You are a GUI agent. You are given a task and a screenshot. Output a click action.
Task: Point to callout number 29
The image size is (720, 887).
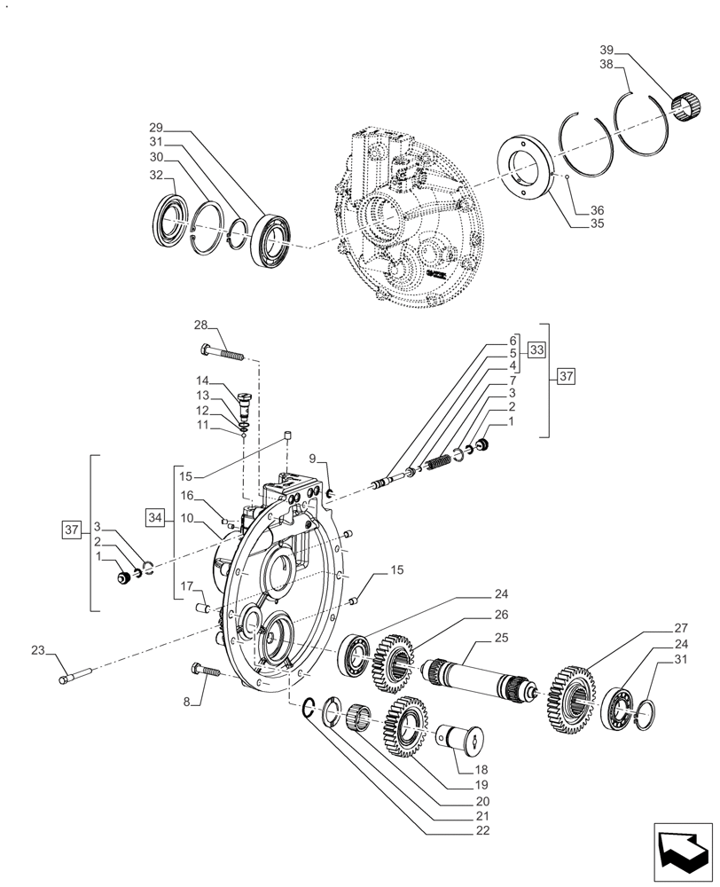point(156,129)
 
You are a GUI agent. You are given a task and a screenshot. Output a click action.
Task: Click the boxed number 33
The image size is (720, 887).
point(536,349)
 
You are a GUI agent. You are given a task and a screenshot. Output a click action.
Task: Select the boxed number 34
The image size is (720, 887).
point(156,515)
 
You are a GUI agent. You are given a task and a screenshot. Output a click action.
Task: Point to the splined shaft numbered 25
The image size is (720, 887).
point(479,681)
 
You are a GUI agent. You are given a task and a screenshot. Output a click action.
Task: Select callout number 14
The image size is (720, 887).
point(202,381)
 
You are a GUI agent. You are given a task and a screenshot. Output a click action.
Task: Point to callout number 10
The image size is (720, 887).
point(187,516)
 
